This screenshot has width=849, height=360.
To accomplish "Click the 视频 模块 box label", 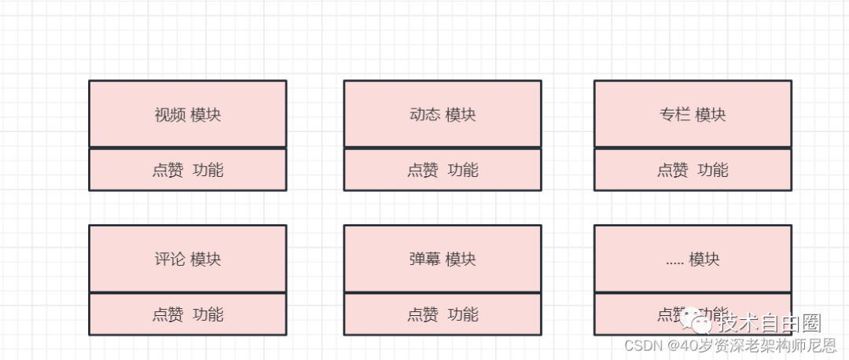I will coord(188,115).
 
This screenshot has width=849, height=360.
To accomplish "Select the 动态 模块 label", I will coord(443,115).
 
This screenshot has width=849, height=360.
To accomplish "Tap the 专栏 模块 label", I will coord(693,115).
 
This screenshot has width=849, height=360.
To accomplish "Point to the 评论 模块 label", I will coord(188,259).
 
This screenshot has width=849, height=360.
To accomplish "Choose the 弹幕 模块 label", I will coord(443,259).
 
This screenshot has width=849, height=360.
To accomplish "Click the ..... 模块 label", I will coord(693,259).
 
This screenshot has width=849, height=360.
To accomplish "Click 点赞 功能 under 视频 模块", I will coord(188,170).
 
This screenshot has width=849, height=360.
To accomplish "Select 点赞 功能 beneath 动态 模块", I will coord(443,170).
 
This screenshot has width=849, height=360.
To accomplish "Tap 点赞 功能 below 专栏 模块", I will coord(693,170).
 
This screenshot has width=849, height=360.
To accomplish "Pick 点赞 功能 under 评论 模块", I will coord(188,314).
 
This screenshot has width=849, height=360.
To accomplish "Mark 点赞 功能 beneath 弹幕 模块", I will coord(443,314).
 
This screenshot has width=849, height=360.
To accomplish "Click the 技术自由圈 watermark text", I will coord(770,323).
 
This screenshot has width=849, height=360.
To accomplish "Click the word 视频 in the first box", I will coord(170,115).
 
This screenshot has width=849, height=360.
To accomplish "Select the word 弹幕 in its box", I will coord(424,259).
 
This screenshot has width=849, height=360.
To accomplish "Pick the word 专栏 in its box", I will coord(674,115).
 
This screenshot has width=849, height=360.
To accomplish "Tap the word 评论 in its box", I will coord(170,259).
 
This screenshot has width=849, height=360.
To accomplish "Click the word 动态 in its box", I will coord(424,115).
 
